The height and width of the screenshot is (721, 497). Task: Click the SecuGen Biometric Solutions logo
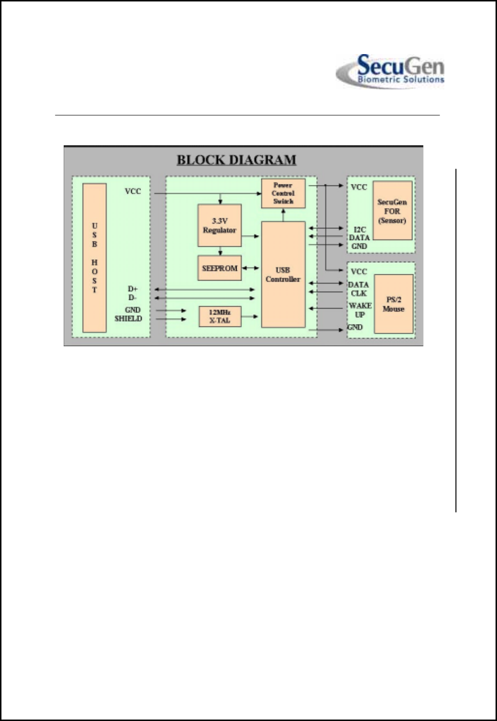pos(390,71)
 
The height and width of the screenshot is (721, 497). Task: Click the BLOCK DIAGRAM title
pos(236,160)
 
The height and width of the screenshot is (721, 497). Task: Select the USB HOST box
pos(95,258)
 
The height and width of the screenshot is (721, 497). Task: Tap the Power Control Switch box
pos(283,193)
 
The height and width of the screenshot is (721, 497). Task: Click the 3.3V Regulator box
pos(220,226)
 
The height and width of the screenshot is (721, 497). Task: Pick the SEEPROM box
pos(220,268)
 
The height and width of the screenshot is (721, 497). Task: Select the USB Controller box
pos(283,274)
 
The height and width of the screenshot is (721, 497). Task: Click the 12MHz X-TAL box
pos(220,316)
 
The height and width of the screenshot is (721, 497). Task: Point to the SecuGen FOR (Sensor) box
pos(392,211)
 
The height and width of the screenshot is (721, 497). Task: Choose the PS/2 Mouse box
pos(394,304)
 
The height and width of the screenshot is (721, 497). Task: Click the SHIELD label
pos(128,319)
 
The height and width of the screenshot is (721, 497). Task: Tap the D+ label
pos(133,289)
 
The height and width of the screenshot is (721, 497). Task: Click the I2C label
pos(360,229)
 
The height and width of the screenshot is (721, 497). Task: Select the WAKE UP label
pos(360,310)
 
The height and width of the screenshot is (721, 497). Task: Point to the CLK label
pos(359,294)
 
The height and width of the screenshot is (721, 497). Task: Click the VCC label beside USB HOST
pos(133,191)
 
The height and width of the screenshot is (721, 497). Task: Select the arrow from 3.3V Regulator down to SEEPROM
pos(220,251)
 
